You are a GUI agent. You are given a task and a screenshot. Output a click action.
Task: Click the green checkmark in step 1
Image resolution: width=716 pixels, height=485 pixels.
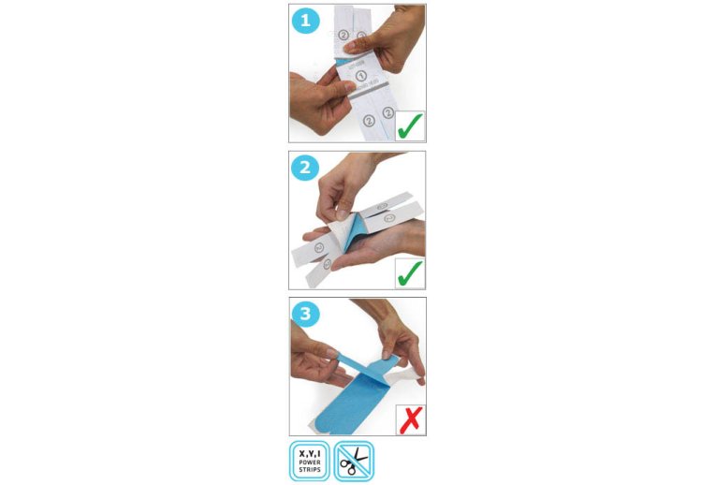(x=410, y=125)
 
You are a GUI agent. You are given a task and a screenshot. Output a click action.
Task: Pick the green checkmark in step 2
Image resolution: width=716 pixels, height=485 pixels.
(x=410, y=272)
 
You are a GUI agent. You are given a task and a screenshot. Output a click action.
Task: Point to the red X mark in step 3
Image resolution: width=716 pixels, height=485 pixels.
(x=410, y=419)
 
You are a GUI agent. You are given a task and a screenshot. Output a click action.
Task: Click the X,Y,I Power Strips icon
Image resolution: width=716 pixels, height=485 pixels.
(x=309, y=460)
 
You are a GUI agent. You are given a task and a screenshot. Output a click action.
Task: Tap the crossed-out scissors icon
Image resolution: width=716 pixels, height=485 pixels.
(x=354, y=460)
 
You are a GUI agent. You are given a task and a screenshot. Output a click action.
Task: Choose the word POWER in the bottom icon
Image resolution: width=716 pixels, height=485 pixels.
(x=309, y=461)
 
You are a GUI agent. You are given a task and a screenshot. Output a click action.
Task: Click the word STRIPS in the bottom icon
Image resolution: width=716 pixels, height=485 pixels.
(x=309, y=468)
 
